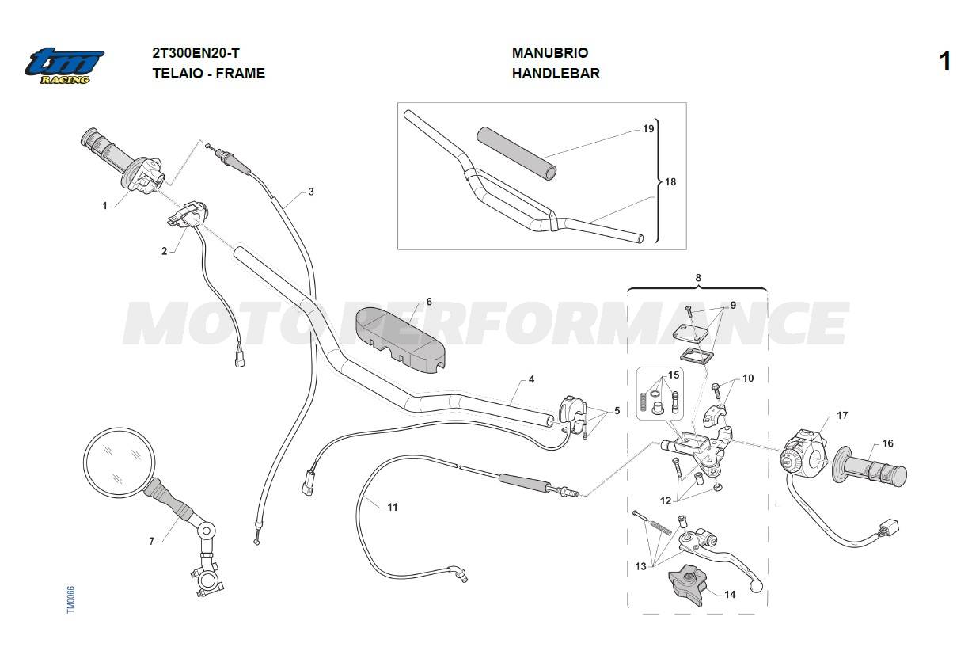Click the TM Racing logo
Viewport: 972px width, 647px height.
click(x=64, y=66)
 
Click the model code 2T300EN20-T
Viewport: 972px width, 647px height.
click(x=196, y=53)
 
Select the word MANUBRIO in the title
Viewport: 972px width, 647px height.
click(x=549, y=53)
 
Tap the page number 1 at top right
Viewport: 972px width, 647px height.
click(x=944, y=62)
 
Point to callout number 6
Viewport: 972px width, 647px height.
click(x=429, y=302)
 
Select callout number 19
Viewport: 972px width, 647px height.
click(x=648, y=129)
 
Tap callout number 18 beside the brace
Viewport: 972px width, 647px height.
click(x=670, y=182)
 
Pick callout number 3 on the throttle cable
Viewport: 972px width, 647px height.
click(x=311, y=192)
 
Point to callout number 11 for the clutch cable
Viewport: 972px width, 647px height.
click(x=393, y=507)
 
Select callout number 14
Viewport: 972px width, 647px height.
click(x=730, y=594)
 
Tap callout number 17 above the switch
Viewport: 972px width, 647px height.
click(x=842, y=415)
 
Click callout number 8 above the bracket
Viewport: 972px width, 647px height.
click(x=698, y=278)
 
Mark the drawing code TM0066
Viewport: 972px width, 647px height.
click(x=70, y=599)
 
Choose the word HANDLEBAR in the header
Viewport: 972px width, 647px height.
click(x=555, y=74)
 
